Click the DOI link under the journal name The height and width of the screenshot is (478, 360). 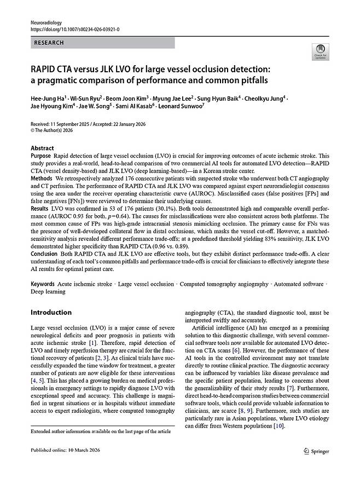pos(75,29)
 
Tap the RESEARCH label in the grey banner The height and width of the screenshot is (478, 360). pos(49,43)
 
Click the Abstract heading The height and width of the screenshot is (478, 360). pos(42,148)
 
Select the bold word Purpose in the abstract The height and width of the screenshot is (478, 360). pos(41,156)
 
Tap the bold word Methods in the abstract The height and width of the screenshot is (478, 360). pos(42,179)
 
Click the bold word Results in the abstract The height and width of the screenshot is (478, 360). pos(39,209)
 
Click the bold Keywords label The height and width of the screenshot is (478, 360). pos(43,284)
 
